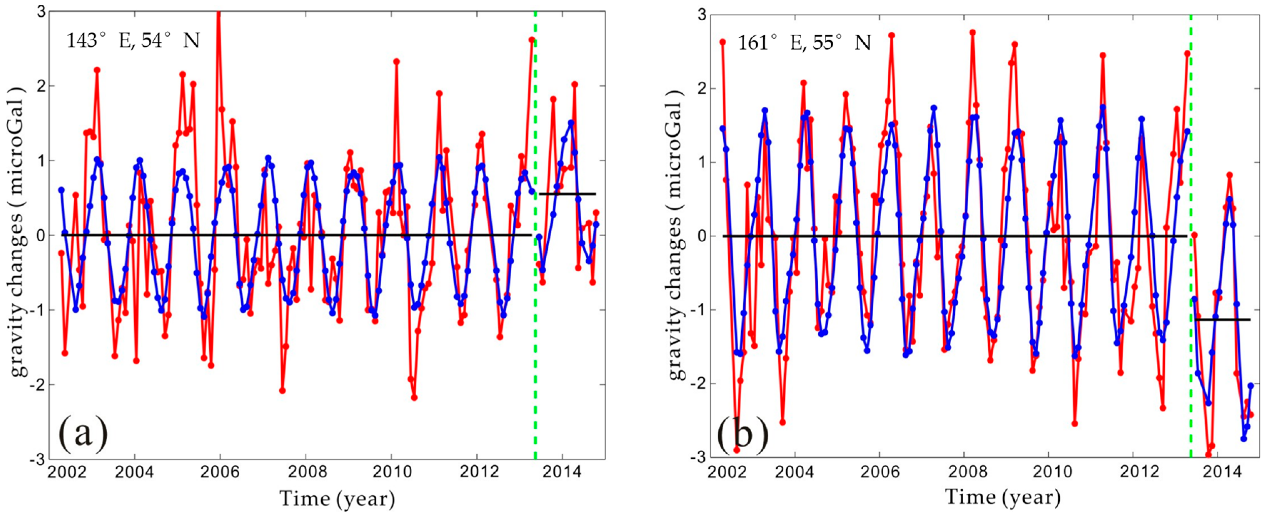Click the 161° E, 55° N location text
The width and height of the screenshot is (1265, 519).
804,43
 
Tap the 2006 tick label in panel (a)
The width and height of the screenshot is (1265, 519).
220,472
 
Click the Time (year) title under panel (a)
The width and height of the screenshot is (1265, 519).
337,499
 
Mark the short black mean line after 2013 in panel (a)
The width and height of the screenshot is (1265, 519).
568,193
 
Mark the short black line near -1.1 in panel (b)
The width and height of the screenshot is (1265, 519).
1223,320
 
